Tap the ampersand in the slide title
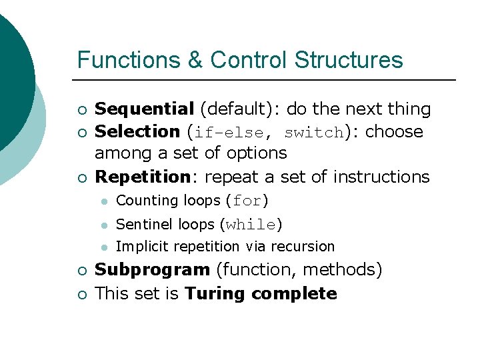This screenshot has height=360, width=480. click(196, 60)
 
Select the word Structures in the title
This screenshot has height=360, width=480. click(349, 60)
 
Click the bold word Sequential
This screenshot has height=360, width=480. click(144, 109)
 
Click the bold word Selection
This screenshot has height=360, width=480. click(137, 132)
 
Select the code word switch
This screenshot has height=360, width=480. click(313, 133)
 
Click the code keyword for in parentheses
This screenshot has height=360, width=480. click(247, 201)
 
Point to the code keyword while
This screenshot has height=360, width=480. click(251, 225)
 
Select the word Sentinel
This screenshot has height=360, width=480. click(142, 224)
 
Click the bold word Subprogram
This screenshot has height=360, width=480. click(152, 270)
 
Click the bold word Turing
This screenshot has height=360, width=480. click(213, 293)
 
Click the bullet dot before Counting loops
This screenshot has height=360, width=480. click(103, 201)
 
